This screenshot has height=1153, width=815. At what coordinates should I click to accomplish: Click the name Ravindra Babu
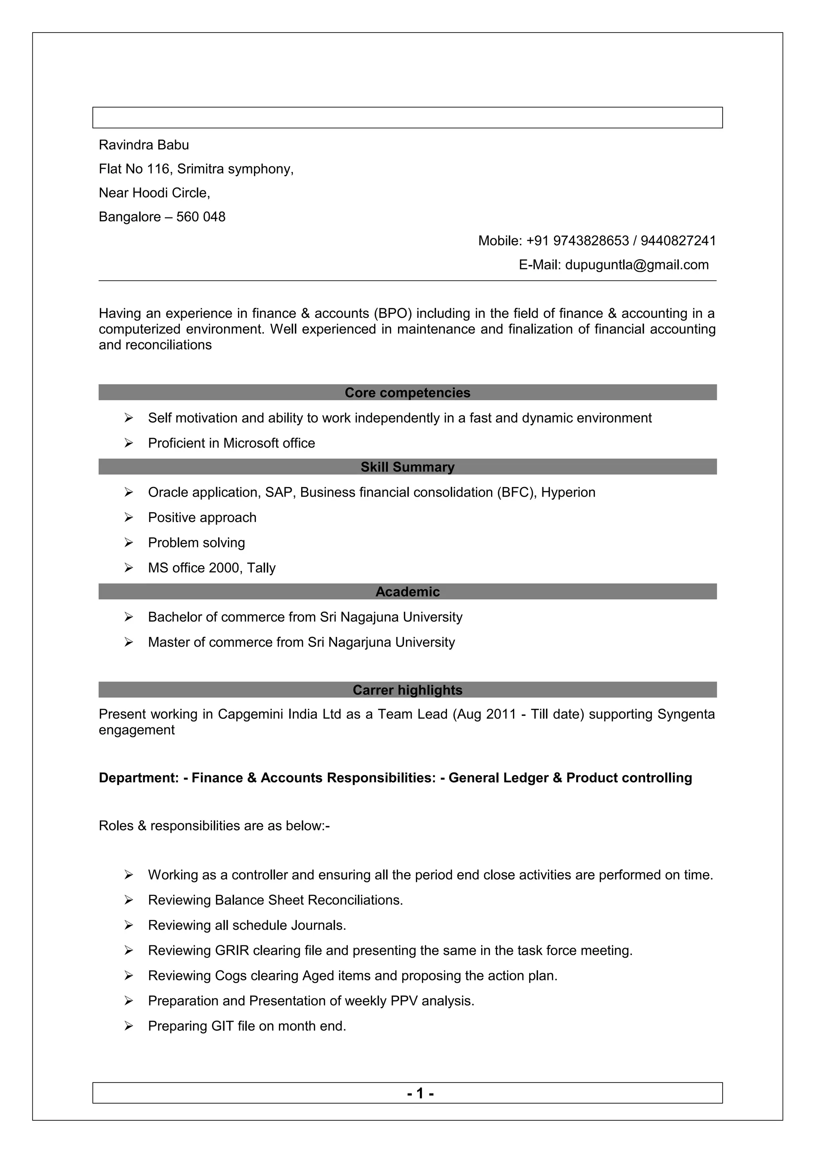click(144, 145)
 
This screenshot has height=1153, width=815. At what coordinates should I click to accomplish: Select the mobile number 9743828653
click(591, 241)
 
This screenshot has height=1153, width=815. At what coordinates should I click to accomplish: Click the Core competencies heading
click(407, 393)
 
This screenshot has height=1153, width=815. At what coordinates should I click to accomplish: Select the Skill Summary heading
click(407, 467)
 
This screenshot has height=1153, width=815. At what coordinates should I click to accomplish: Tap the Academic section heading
click(407, 592)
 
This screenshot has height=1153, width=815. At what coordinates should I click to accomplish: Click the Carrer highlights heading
click(407, 690)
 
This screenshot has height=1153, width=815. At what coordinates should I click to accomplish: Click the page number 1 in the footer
click(420, 1093)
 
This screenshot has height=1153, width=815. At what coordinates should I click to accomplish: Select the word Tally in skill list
click(261, 568)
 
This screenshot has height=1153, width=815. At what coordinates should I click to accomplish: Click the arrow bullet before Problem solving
click(129, 543)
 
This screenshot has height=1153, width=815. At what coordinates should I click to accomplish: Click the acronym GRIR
click(232, 950)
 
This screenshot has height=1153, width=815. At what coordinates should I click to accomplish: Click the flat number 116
click(158, 169)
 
